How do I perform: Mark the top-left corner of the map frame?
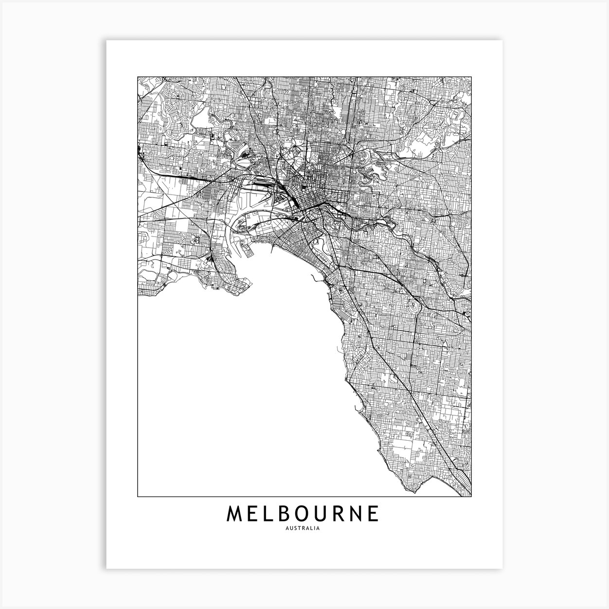point(138,77)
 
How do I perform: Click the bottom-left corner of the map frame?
point(138,497)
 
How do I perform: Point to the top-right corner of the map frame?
point(472,77)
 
